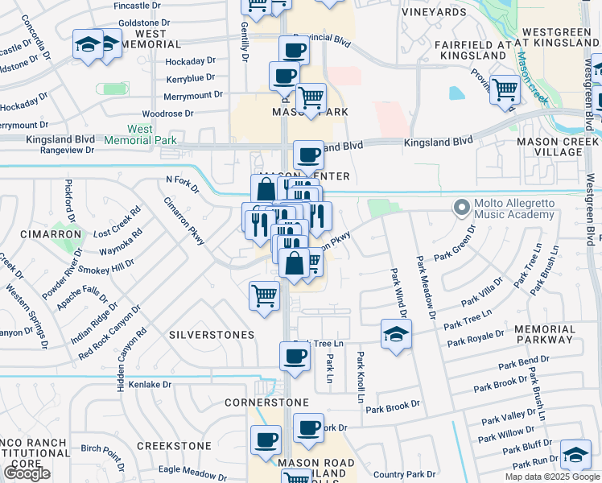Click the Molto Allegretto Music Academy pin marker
click(x=462, y=208)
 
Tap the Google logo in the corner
click(x=27, y=473)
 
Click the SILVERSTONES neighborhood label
click(x=212, y=334)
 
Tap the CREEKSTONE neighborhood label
click(x=174, y=445)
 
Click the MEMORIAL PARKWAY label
click(x=545, y=335)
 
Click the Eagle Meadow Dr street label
click(x=193, y=469)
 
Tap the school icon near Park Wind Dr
click(x=396, y=334)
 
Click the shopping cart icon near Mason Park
click(x=311, y=100)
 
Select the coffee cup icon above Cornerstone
click(x=295, y=357)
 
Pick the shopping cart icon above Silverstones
click(x=264, y=296)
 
